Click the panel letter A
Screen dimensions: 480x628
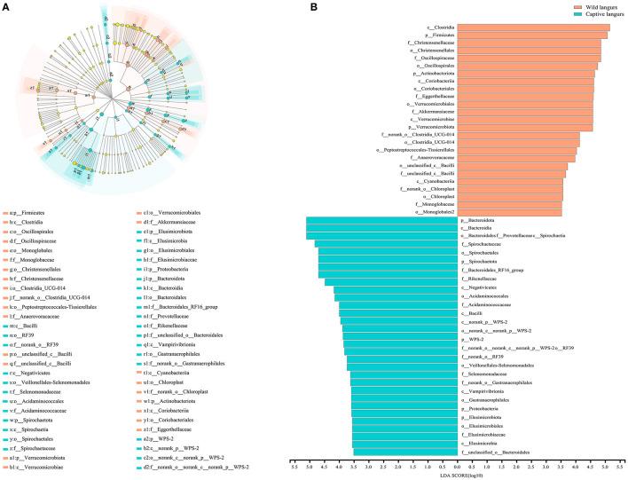click(x=7, y=8)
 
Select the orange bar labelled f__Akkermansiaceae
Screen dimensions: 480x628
click(x=528, y=112)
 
